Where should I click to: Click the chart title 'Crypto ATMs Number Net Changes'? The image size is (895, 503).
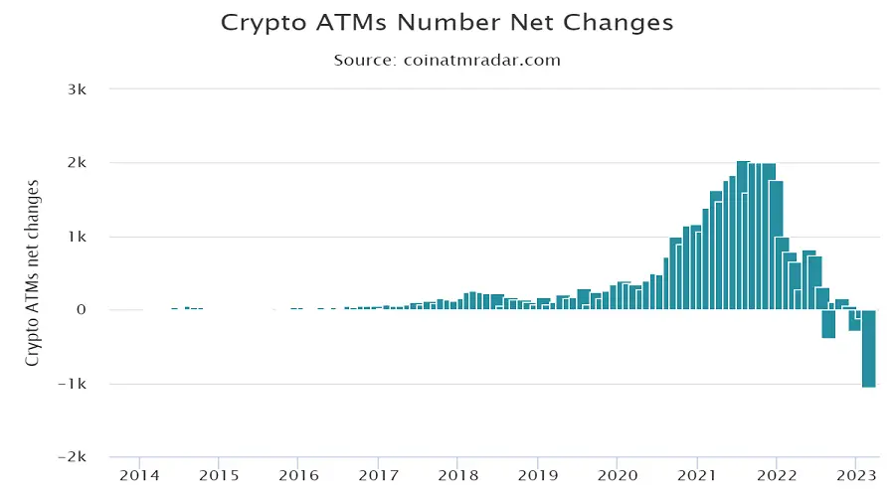447,22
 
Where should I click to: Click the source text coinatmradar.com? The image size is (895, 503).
482,60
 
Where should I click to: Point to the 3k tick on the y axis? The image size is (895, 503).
77,89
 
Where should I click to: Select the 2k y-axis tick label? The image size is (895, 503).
77,163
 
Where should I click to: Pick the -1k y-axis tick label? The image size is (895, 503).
74,384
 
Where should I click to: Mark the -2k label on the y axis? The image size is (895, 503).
74,457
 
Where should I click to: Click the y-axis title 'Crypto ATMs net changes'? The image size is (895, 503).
33,272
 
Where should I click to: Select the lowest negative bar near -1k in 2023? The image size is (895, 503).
868,348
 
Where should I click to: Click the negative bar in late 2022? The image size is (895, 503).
828,324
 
